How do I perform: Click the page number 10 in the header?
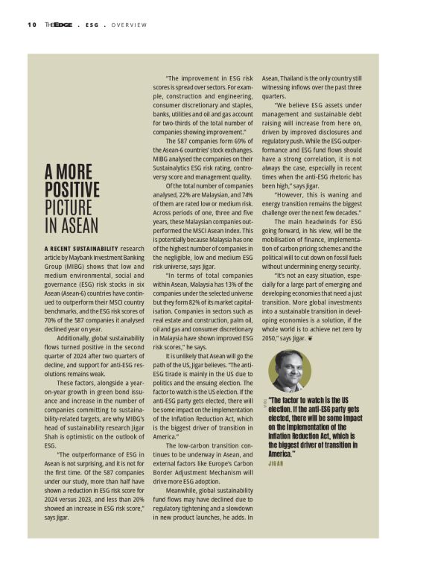pyautogui.click(x=32, y=25)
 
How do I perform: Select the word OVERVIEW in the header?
pyautogui.click(x=130, y=25)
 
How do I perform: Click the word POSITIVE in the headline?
pyautogui.click(x=72, y=188)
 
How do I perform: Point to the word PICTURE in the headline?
pyautogui.click(x=69, y=207)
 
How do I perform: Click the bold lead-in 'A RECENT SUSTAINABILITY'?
pyautogui.click(x=81, y=248)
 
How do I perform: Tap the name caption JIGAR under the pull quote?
pyautogui.click(x=277, y=462)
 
